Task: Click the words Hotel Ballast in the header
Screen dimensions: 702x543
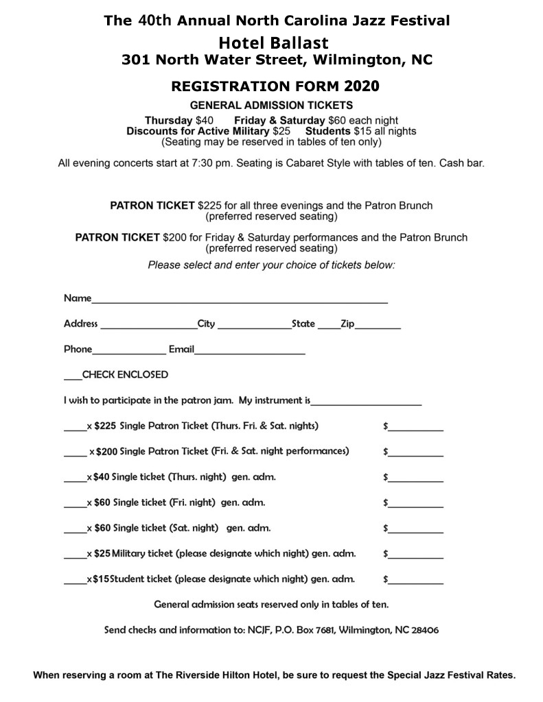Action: pyautogui.click(x=279, y=43)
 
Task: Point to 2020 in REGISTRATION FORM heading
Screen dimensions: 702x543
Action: pyautogui.click(x=362, y=87)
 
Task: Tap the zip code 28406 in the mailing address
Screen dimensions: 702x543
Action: pyautogui.click(x=425, y=629)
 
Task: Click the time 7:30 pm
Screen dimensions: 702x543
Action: pyautogui.click(x=230, y=164)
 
